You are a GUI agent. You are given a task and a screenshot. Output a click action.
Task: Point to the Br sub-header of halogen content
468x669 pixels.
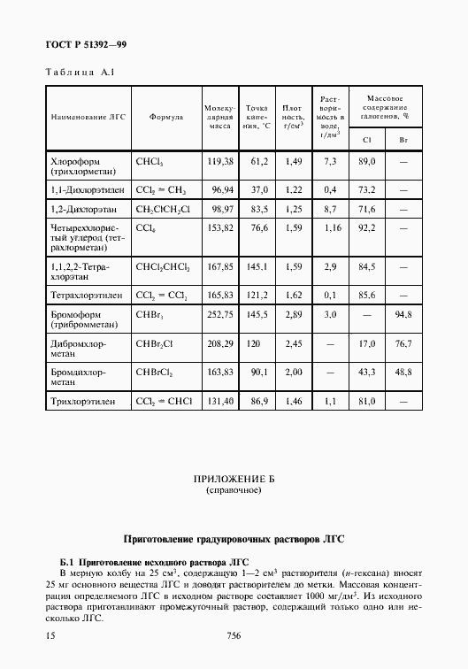point(403,139)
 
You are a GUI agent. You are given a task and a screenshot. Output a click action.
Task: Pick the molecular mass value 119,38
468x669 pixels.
point(219,162)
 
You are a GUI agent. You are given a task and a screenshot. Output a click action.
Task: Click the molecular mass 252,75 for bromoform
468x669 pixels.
point(219,314)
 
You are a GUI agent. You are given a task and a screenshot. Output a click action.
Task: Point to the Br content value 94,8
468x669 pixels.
point(403,314)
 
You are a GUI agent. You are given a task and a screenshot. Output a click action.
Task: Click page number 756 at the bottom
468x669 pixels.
point(234,635)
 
